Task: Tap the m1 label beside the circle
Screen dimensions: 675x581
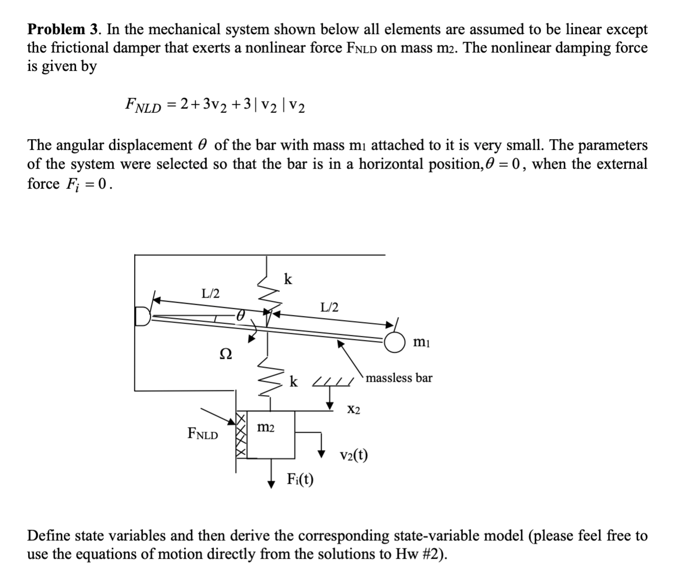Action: tap(422, 343)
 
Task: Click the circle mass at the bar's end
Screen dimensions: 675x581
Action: tap(395, 342)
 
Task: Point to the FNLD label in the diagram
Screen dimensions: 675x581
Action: tap(202, 434)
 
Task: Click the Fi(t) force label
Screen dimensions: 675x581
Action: tap(300, 479)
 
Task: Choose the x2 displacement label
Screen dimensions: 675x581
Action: tap(354, 409)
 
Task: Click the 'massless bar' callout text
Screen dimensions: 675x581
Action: tap(399, 378)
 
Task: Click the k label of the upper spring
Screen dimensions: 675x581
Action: tap(288, 279)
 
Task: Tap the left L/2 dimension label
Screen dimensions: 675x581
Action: tap(211, 294)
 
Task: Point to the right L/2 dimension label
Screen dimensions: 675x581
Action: tap(329, 307)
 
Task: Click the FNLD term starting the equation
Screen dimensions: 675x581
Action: tap(143, 105)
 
